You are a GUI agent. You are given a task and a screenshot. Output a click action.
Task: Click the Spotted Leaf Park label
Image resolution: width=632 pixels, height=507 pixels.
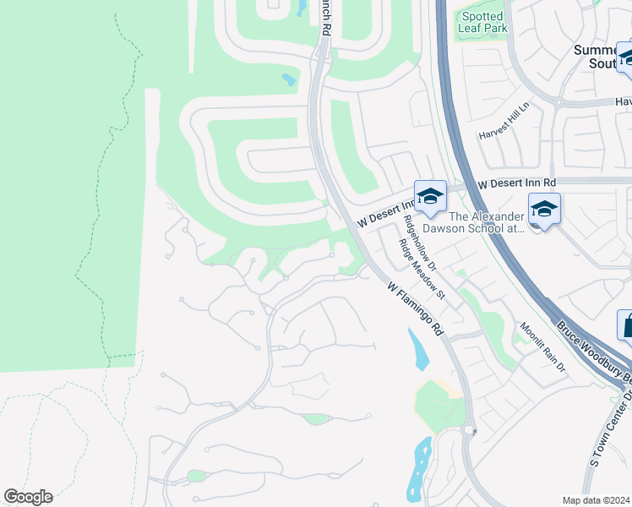(482, 21)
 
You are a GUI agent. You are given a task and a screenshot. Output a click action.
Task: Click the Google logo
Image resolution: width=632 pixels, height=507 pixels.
(28, 497)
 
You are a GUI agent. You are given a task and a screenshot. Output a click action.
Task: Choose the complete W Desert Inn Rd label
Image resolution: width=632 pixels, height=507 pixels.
(516, 183)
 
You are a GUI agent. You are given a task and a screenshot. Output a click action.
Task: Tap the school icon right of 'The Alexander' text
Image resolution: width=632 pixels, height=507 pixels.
(544, 208)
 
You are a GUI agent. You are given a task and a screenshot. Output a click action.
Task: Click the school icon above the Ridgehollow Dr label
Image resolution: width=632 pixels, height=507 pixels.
(430, 195)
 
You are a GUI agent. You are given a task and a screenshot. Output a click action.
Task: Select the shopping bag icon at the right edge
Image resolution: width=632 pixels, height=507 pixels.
(626, 325)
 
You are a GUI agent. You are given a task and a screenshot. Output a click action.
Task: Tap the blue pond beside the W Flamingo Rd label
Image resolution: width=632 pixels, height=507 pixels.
(417, 349)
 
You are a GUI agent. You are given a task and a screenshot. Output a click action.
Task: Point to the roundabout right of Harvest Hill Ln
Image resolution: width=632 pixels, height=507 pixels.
(558, 101)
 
